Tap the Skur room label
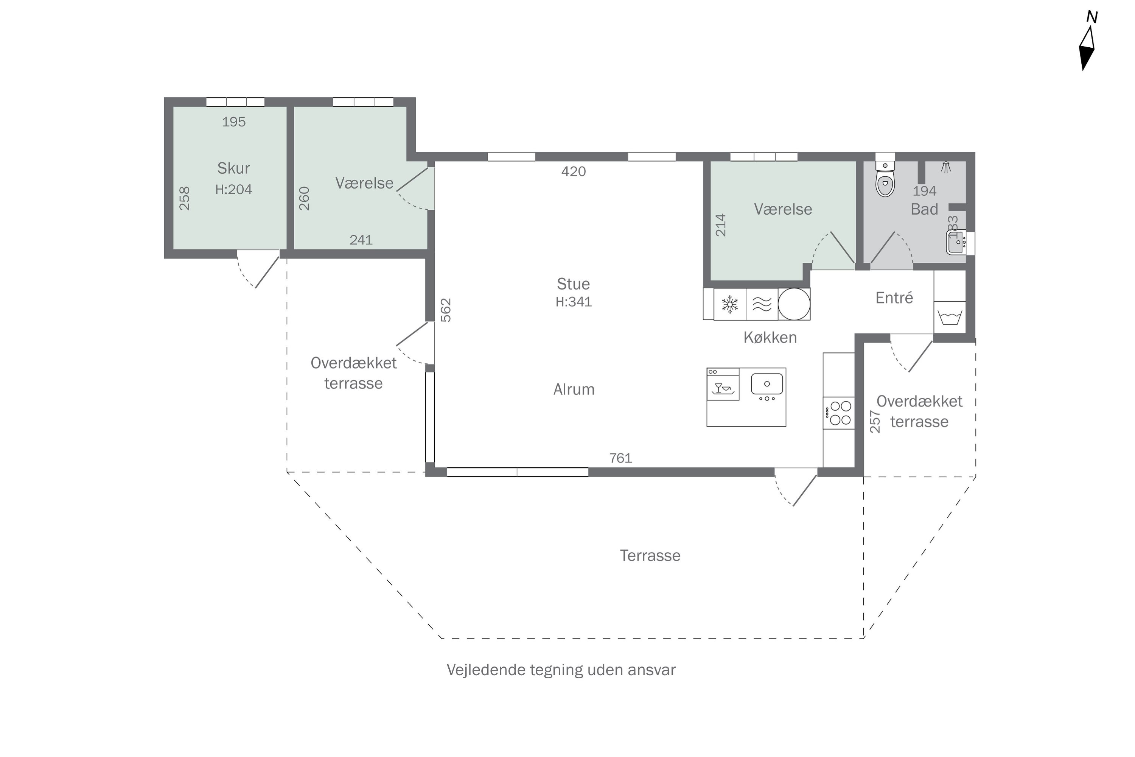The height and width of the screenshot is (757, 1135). click(x=233, y=168)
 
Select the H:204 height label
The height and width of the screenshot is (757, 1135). click(x=233, y=189)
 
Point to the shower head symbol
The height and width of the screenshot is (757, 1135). click(x=946, y=167)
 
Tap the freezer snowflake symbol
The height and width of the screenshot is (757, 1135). click(x=730, y=304)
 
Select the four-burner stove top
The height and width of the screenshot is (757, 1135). click(x=839, y=413)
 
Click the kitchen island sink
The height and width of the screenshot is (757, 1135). click(x=767, y=384)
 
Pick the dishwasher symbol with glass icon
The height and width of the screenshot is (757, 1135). click(x=723, y=384)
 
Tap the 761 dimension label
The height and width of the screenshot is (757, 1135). click(x=620, y=458)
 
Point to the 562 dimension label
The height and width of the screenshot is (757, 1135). click(x=446, y=310)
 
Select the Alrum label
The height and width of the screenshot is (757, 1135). click(x=574, y=389)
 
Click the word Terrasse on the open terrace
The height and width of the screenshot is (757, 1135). click(x=650, y=555)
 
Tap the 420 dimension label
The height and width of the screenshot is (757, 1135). click(x=573, y=171)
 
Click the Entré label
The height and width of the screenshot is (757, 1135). click(x=894, y=298)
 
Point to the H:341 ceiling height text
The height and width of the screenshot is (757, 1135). click(x=573, y=302)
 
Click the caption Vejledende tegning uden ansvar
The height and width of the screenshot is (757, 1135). click(x=561, y=670)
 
